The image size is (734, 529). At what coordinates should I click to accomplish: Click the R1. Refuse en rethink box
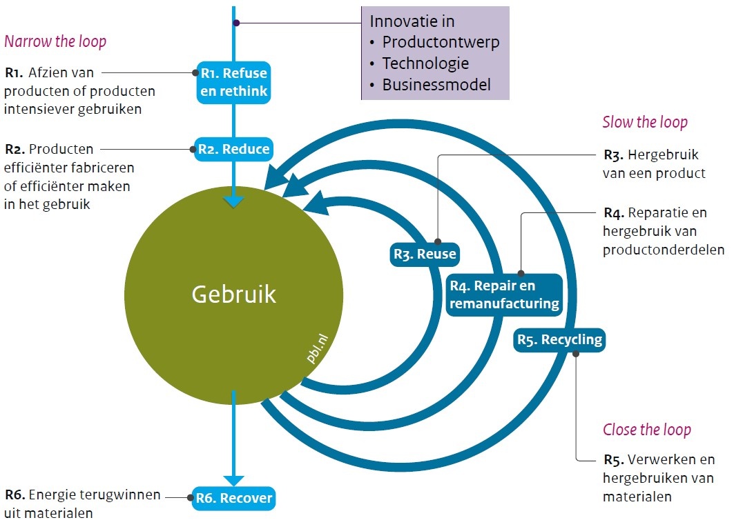coord(233,82)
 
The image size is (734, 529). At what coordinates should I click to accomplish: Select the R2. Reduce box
coord(233,149)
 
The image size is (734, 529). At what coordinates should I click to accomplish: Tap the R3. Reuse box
coord(425,254)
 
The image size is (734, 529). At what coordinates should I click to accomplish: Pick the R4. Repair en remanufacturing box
coord(504,295)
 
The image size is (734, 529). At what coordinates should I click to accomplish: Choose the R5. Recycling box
coord(559,339)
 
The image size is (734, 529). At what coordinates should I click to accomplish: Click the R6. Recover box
coord(233,498)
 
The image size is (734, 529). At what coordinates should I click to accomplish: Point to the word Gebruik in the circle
coord(233,295)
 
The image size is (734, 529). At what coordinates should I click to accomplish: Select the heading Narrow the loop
coord(55,41)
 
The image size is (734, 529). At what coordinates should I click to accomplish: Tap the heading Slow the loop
coord(645,123)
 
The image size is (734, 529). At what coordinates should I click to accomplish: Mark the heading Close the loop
coord(646,430)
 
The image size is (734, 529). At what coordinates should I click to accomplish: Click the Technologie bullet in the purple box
coord(425,63)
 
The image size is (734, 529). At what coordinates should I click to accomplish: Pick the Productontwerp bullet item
coord(441,42)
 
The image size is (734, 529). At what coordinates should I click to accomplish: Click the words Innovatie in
coord(412,21)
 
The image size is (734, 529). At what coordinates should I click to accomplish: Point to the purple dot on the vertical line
coord(236,23)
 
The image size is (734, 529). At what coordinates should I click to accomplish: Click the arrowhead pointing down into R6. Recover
coord(233,480)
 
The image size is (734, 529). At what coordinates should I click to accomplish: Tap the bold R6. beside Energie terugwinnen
coord(15,495)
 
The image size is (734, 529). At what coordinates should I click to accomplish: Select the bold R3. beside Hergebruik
coord(613,155)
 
